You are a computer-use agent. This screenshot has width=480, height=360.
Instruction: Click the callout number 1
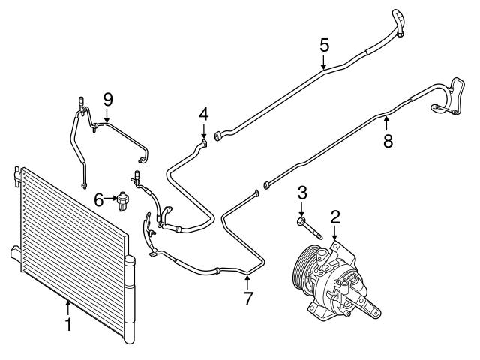click(67, 325)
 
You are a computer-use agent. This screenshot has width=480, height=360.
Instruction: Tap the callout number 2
click(335, 217)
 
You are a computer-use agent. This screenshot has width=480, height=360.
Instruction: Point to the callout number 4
click(203, 114)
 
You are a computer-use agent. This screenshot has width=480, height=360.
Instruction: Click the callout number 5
click(323, 45)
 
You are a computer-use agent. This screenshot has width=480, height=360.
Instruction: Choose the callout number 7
click(247, 298)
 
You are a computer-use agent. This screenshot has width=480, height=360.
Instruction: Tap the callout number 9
click(107, 98)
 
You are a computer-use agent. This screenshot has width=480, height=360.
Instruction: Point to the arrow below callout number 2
click(335, 234)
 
